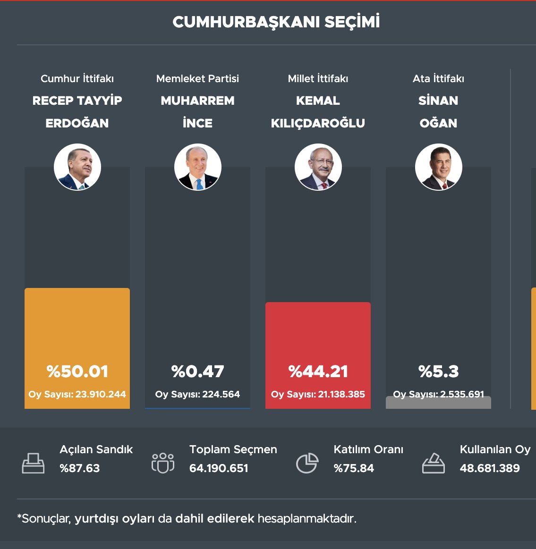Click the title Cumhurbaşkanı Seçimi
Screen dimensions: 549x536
tap(276, 22)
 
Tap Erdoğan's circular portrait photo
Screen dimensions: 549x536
tap(77, 167)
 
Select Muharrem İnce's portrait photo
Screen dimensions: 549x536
tap(198, 167)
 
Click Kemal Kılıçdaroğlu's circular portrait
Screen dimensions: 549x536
tap(318, 167)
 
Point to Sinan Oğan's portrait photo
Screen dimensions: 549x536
tap(439, 167)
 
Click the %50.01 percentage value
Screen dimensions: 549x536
tap(77, 372)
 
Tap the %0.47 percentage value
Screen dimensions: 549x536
tap(198, 372)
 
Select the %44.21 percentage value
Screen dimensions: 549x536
tap(318, 372)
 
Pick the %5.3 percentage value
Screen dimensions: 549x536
tap(439, 372)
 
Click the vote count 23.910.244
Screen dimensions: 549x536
tap(101, 394)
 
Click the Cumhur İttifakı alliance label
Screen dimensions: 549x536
tap(77, 78)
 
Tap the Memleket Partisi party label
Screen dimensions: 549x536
tap(198, 78)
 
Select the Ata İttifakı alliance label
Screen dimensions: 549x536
tap(439, 78)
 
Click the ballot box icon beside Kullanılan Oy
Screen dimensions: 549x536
tap(433, 463)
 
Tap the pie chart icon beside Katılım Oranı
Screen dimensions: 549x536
tap(307, 463)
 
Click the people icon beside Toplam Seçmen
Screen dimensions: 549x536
tap(163, 463)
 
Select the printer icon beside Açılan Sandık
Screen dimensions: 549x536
tap(33, 463)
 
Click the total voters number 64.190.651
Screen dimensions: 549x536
tap(219, 468)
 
